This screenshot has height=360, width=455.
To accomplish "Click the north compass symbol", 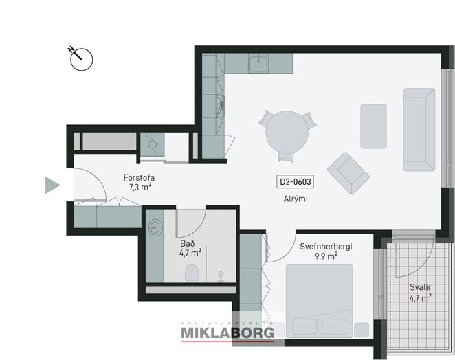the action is tap(82, 59).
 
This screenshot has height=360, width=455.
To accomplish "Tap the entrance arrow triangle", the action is tap(52, 185).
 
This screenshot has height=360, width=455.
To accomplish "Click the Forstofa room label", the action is tap(139, 177).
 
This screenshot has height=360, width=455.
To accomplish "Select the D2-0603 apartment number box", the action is tap(296, 182).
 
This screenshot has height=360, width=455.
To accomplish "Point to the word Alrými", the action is tap(296, 199).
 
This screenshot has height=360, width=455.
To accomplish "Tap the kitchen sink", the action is tap(258, 63).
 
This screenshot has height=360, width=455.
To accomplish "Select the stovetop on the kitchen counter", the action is tap(220, 106).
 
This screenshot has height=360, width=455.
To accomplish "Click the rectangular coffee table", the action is tap(373, 126).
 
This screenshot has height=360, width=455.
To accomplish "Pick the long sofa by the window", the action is tap(419, 129).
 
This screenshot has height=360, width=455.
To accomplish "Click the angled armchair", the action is tap(348, 173).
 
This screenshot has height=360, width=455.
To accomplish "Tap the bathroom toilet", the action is tap(192, 273).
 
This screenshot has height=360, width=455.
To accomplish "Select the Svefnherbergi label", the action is tap(326, 247).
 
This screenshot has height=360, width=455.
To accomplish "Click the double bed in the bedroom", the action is tap(320, 301).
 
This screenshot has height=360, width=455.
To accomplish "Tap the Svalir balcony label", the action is tap(420, 287).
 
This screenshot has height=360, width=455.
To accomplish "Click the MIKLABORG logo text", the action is tap(227, 333).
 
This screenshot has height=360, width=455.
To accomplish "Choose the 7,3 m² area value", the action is tap(140, 187).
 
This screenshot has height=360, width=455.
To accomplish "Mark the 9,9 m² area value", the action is tap(326, 256).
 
